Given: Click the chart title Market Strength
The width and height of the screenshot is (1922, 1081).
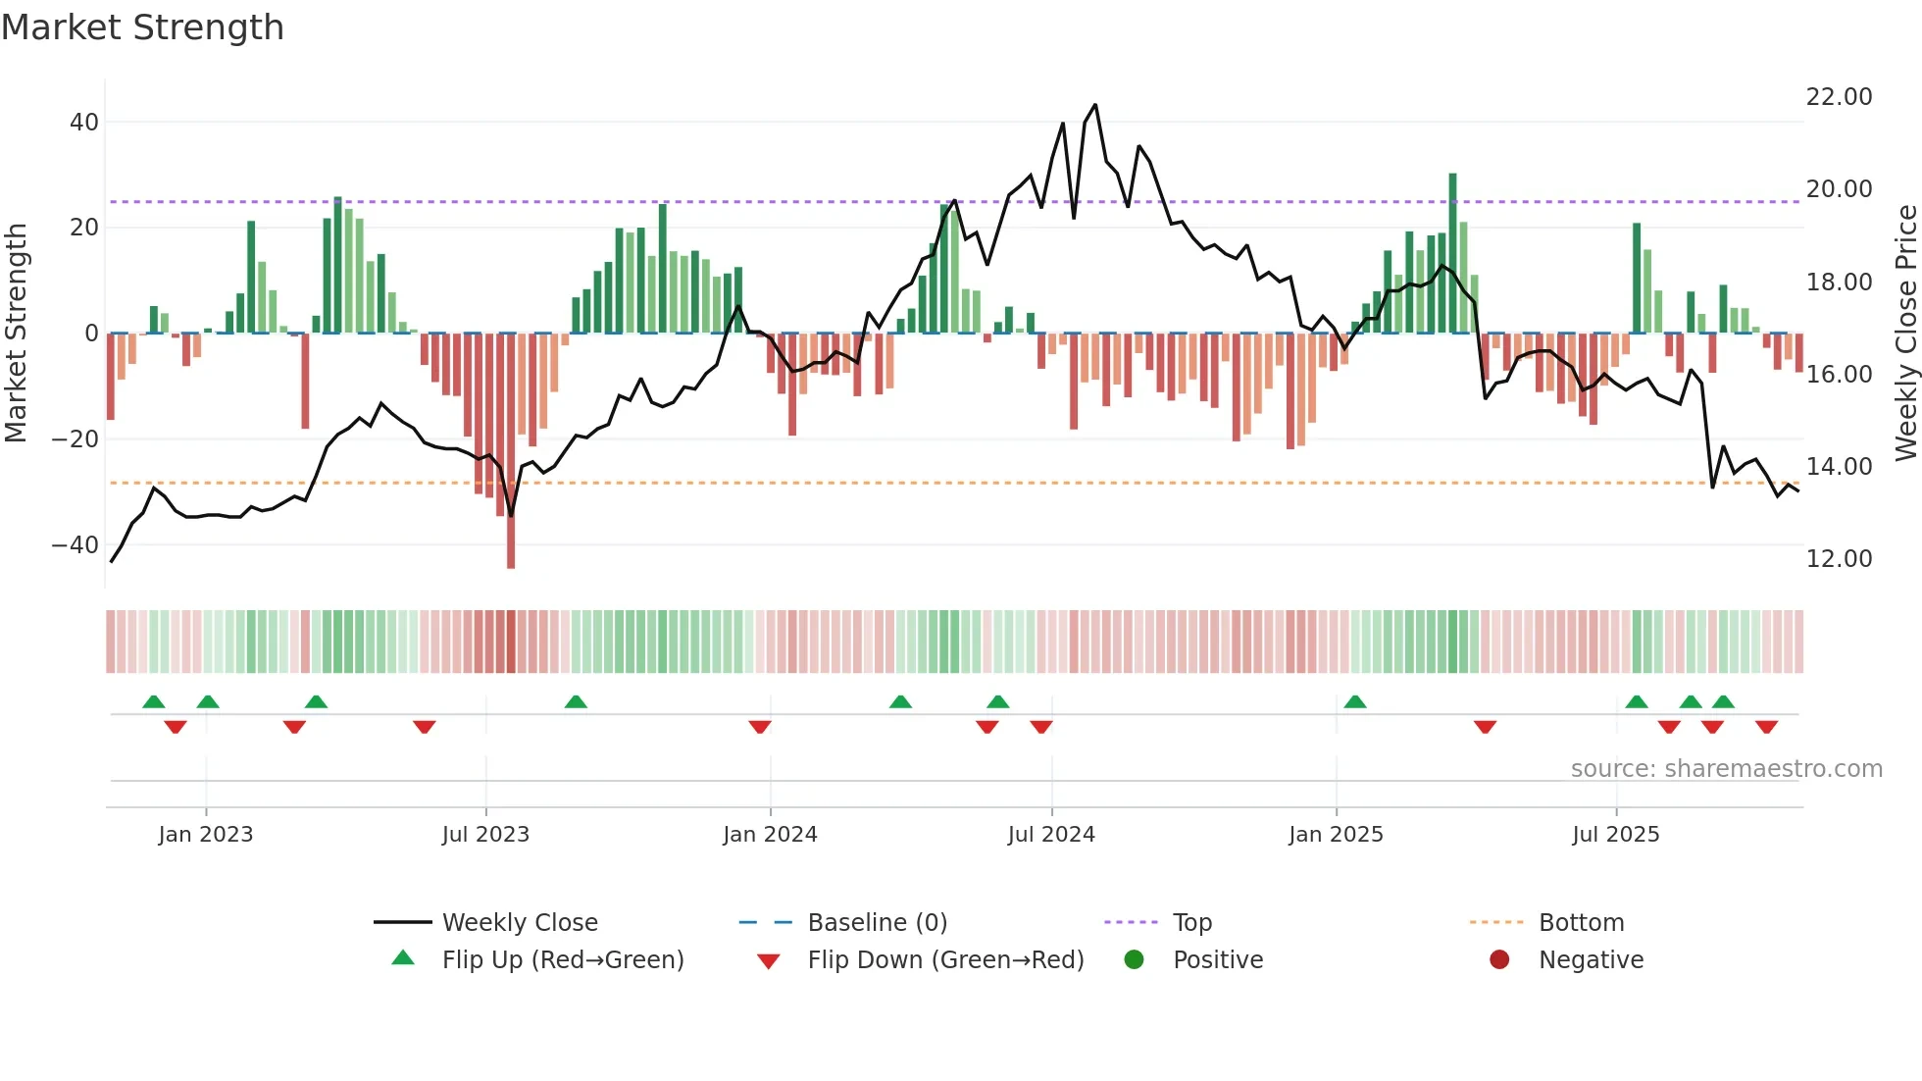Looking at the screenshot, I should tap(142, 27).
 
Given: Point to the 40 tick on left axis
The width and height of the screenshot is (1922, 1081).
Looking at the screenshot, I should tap(84, 123).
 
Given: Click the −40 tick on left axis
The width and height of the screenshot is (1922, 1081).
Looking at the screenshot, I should tap(76, 544).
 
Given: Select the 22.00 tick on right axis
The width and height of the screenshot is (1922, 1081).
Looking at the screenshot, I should tap(1839, 97).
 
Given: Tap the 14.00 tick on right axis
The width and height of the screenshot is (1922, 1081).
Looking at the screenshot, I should tap(1839, 467).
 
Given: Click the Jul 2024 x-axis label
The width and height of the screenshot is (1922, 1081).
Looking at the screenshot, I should tap(1051, 835).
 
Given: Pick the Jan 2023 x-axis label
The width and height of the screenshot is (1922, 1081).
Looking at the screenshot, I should tap(206, 835).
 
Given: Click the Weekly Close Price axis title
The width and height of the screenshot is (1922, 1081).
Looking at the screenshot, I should tap(1905, 334).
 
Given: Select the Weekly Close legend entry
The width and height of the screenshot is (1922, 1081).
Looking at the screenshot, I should tap(520, 923).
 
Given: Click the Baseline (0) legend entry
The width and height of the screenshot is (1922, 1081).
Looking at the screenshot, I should tap(877, 923).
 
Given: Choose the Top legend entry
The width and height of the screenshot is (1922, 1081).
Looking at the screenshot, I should tap(1192, 923).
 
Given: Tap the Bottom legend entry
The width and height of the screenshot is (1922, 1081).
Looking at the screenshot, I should tap(1581, 923).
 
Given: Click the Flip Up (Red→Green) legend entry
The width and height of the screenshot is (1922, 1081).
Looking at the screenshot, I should tap(563, 960).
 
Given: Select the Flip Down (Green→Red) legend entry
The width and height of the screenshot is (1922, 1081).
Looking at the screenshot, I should tap(945, 960).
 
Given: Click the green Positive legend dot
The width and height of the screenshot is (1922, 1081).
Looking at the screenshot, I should tap(1135, 960).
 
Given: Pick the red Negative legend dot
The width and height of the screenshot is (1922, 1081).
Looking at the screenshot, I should tap(1499, 960).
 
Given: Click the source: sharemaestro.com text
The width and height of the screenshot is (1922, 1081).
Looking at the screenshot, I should tap(1726, 769).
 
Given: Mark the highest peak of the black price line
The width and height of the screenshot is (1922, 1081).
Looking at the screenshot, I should tap(1095, 105).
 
